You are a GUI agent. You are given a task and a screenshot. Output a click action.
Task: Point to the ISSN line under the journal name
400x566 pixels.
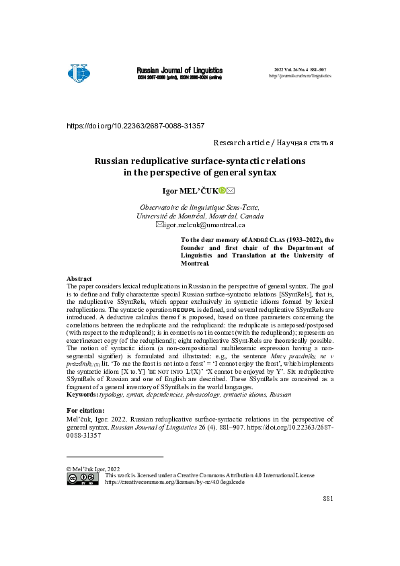pos(179,77)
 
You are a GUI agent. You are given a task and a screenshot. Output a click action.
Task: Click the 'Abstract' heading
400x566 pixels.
pos(79,278)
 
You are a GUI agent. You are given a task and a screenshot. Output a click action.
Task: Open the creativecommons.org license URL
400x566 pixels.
pos(175,482)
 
